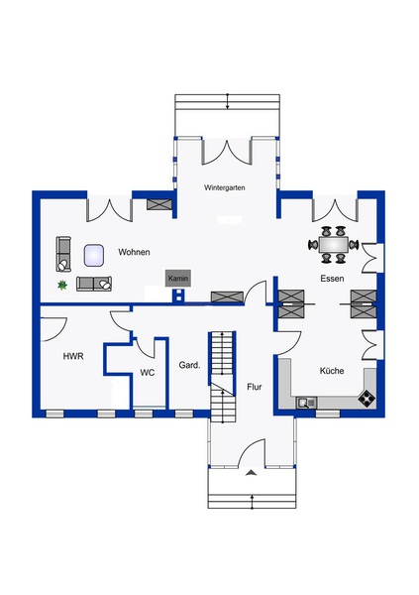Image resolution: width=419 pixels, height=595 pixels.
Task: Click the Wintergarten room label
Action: (225, 187)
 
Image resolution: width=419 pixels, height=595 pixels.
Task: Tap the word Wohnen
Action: (134, 252)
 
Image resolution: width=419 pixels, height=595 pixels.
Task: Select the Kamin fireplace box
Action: (178, 279)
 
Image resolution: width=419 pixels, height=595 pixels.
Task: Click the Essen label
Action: (332, 279)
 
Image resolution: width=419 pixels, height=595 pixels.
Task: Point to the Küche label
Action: (332, 371)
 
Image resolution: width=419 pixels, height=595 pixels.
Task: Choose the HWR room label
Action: (73, 356)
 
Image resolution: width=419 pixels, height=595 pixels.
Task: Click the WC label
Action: (148, 373)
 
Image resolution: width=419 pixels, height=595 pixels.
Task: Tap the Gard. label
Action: (189, 365)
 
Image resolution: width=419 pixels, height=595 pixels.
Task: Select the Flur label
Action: (254, 387)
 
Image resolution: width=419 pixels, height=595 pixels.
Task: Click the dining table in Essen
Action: (334, 244)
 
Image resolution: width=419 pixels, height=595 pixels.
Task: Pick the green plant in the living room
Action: (62, 285)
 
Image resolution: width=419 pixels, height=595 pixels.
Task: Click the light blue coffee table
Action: (94, 255)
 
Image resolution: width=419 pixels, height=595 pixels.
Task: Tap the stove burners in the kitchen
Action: (367, 398)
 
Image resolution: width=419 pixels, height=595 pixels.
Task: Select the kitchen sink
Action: (306, 403)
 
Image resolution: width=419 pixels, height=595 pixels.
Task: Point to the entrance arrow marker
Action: (251, 472)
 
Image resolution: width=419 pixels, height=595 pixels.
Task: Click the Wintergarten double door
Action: (227, 153)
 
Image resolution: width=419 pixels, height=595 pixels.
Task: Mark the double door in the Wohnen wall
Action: (110, 209)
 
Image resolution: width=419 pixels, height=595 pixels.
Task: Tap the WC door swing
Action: (146, 347)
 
